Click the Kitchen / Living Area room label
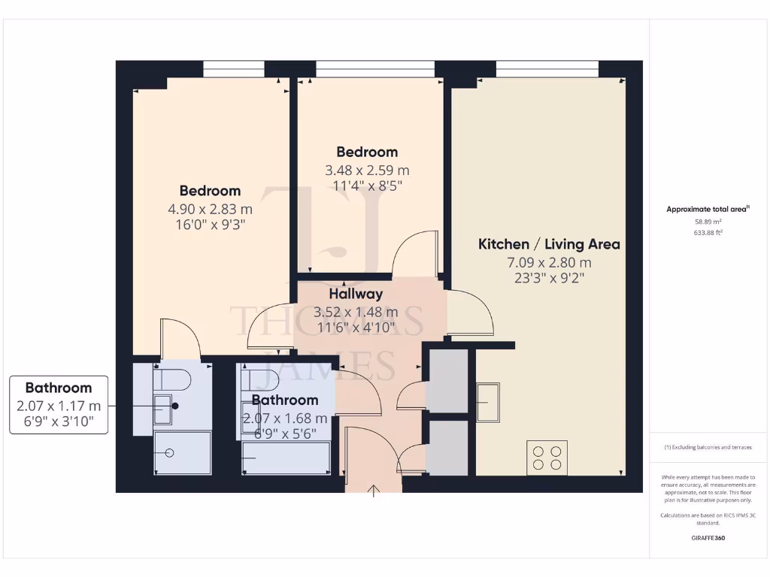coord(549,244)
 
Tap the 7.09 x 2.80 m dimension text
coord(549,262)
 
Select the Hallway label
coord(356,294)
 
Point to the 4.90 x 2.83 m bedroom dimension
coord(210,209)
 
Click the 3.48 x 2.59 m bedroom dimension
coord(367,170)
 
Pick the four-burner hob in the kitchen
coord(547,458)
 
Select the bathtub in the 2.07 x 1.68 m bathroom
coord(286,458)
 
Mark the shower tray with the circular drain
coord(182,452)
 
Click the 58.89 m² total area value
coord(707,222)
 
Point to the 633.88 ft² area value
coord(707,233)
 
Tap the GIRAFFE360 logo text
coord(707,538)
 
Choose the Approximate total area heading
coord(707,210)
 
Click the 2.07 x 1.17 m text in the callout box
coord(59,405)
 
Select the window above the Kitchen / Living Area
coord(547,69)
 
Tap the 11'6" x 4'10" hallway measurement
coord(356,327)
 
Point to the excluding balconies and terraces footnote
coord(707,447)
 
